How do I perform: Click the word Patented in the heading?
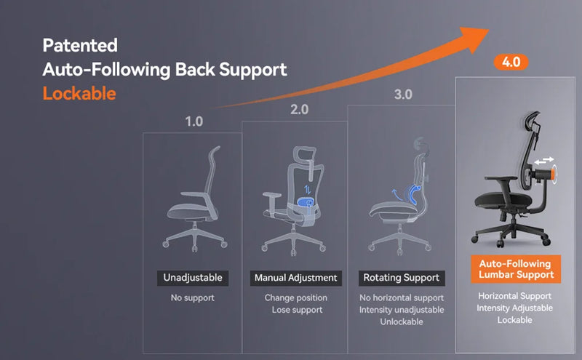pyautogui.click(x=80, y=45)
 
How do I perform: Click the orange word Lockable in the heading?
pyautogui.click(x=79, y=95)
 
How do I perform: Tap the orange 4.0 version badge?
pyautogui.click(x=511, y=62)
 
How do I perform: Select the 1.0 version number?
pyautogui.click(x=194, y=121)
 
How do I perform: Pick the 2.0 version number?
pyautogui.click(x=299, y=110)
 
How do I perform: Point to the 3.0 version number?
pyautogui.click(x=403, y=95)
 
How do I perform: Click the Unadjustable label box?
pyautogui.click(x=193, y=278)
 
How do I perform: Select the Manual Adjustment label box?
pyautogui.click(x=295, y=278)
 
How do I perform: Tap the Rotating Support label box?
pyautogui.click(x=401, y=278)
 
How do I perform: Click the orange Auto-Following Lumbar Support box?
pyautogui.click(x=515, y=269)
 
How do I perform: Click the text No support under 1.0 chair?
pyautogui.click(x=193, y=298)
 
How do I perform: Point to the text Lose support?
pyautogui.click(x=295, y=311)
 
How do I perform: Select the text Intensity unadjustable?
pyautogui.click(x=401, y=311)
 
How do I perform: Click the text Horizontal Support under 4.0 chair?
pyautogui.click(x=515, y=296)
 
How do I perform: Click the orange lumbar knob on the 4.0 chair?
pyautogui.click(x=555, y=174)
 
